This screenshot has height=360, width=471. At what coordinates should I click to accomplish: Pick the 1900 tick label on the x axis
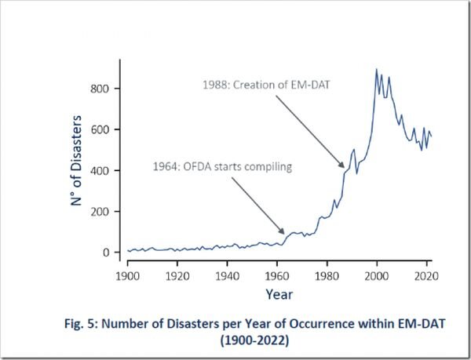127,275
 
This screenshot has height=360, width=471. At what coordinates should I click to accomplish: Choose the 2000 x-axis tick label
377,275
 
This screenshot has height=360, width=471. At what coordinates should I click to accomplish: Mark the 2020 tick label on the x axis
426,275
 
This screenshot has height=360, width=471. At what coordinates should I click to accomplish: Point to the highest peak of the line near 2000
377,70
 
